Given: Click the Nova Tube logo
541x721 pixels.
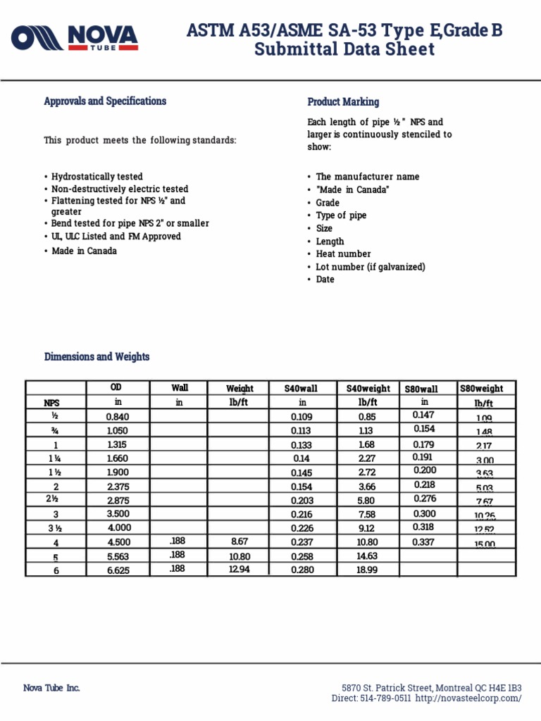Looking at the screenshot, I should click(75, 39).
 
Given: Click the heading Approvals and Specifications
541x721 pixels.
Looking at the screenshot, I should click(105, 101).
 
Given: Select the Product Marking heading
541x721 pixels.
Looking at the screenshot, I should click(343, 102).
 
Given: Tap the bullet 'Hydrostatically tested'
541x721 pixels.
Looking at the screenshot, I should click(97, 177).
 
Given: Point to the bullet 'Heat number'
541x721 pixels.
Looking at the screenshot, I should click(343, 254).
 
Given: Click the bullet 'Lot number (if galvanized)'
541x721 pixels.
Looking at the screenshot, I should click(371, 267).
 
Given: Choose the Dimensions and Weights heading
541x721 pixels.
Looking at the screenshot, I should click(97, 357).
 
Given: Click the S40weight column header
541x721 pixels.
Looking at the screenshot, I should click(368, 389).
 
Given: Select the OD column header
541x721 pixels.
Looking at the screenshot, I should click(117, 388).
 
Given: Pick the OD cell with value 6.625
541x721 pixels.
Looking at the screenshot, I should click(117, 570).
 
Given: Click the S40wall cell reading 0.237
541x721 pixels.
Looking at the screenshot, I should click(302, 543).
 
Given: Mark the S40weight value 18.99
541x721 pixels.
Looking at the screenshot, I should click(368, 570).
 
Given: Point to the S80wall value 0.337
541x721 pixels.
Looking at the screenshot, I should click(425, 542).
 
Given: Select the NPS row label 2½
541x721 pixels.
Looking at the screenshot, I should click(55, 501).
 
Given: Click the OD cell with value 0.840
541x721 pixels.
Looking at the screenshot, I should click(117, 417).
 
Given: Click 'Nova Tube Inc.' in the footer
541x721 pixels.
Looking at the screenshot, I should click(51, 688).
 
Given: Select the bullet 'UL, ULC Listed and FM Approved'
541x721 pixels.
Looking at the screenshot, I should click(116, 237).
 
